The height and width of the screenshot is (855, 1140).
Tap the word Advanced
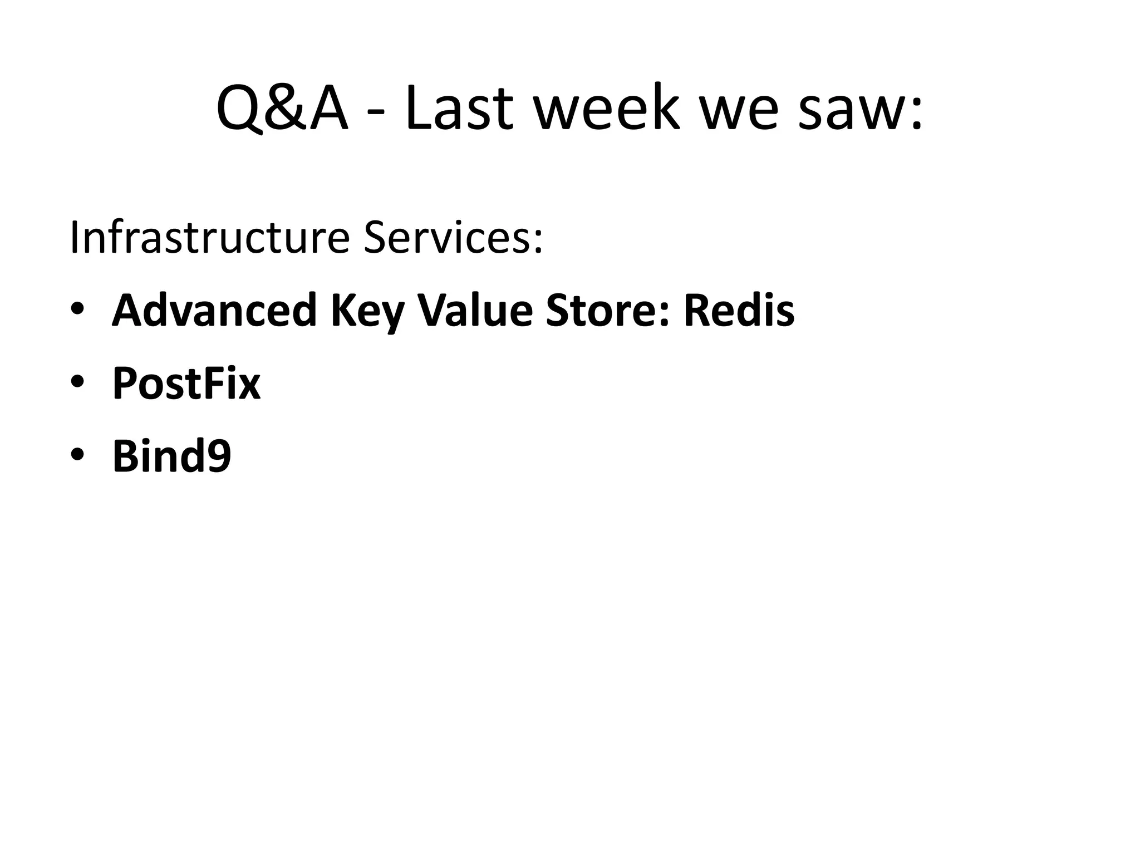pos(214,311)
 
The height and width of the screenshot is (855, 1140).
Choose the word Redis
pos(739,311)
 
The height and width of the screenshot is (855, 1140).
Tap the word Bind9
pos(171,456)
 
